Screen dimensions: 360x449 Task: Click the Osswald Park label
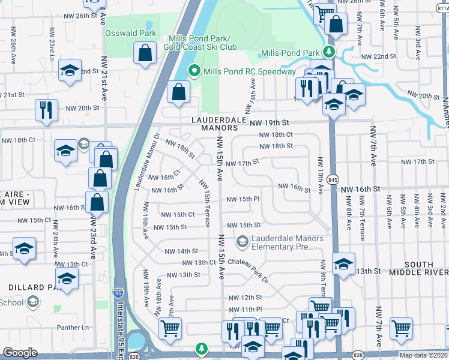pyautogui.click(x=130, y=34)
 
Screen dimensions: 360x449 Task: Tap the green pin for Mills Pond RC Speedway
pyautogui.click(x=194, y=71)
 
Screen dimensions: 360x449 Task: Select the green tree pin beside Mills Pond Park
pyautogui.click(x=328, y=53)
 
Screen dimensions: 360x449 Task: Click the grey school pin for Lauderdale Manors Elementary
pyautogui.click(x=243, y=242)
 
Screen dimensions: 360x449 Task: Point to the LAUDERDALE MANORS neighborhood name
pyautogui.click(x=215, y=124)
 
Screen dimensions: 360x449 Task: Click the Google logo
pyautogui.click(x=20, y=353)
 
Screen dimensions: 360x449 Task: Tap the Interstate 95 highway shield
pyautogui.click(x=119, y=293)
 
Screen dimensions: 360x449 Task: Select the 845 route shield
pyautogui.click(x=333, y=180)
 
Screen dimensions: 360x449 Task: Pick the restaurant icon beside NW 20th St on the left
pyautogui.click(x=46, y=109)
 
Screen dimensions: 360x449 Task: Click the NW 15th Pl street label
pyautogui.click(x=243, y=199)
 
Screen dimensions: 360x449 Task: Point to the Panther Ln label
pyautogui.click(x=73, y=328)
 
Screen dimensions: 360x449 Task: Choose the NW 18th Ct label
pyautogui.click(x=276, y=135)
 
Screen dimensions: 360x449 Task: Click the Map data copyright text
pyautogui.click(x=424, y=354)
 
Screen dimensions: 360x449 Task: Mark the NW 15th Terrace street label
pyautogui.click(x=205, y=204)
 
